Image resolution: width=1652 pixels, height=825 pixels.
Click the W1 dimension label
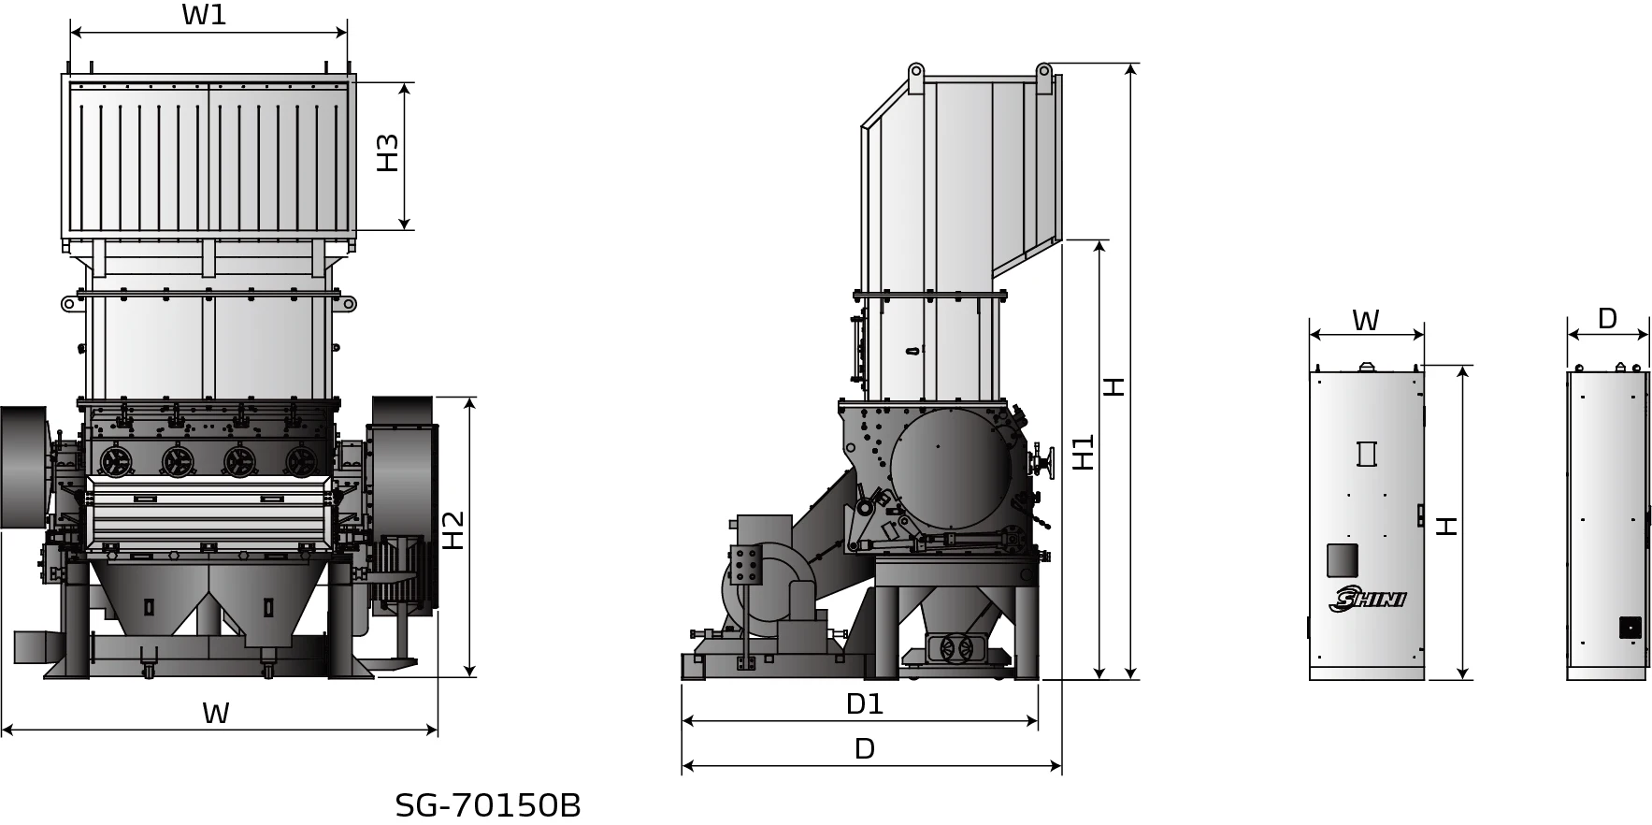[204, 15]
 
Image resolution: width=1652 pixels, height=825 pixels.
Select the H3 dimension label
[387, 152]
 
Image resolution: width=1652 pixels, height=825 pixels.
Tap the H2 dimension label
[453, 529]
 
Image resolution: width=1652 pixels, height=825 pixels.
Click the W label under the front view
[215, 714]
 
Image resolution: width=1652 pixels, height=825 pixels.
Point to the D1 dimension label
[864, 704]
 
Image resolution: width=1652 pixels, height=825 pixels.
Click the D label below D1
[864, 749]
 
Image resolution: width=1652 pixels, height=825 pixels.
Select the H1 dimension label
[1083, 453]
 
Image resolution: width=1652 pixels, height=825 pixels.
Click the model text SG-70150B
[487, 805]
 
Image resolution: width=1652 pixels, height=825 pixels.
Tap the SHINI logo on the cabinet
[1367, 600]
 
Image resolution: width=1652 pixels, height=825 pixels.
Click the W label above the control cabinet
[1365, 321]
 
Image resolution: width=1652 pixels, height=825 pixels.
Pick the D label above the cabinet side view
[1606, 319]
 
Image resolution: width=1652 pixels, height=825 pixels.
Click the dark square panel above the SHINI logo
[1343, 560]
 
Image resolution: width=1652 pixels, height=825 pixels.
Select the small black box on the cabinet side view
[1630, 627]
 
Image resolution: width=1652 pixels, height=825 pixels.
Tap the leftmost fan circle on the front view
[118, 459]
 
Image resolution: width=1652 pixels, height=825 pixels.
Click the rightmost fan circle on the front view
[301, 459]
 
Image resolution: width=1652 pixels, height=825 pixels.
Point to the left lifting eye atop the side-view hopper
[915, 71]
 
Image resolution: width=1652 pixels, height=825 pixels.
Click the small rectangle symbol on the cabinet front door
[1366, 453]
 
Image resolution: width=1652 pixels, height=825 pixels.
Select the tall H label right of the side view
[1113, 385]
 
